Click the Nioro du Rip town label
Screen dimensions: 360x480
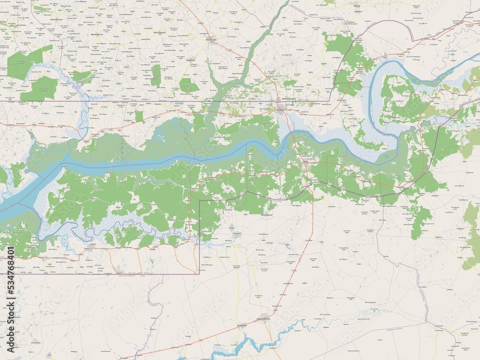point(211,40)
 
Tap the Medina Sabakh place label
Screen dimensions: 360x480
point(288,99)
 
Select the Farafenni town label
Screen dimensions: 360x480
point(281,109)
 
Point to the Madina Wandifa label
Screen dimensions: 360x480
point(264,319)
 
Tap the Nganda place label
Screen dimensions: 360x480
point(356,5)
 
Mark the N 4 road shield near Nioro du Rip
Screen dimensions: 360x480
point(230,50)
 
